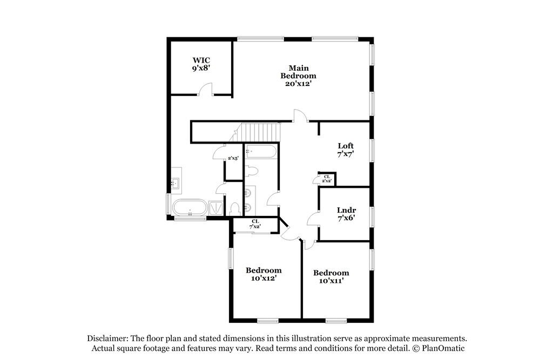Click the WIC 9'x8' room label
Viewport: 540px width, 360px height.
click(x=201, y=64)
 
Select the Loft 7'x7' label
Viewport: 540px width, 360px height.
click(x=346, y=150)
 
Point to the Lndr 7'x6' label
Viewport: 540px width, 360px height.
click(x=346, y=214)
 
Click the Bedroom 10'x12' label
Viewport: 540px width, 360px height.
click(x=264, y=274)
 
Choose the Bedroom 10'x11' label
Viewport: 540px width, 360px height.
click(x=331, y=276)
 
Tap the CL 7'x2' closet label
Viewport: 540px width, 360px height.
click(x=255, y=224)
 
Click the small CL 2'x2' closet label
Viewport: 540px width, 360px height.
click(x=327, y=179)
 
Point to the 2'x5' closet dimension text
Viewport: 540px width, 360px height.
click(x=233, y=158)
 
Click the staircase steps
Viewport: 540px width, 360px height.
click(x=261, y=132)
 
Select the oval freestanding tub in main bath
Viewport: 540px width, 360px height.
click(x=190, y=208)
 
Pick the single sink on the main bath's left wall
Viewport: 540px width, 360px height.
click(x=175, y=184)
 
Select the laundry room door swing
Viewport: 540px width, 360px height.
click(x=313, y=218)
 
